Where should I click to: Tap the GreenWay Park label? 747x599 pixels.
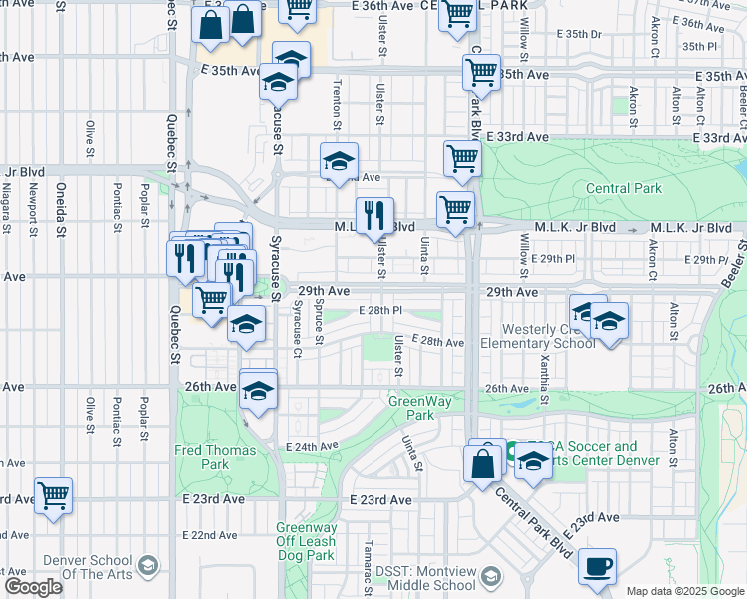[410, 408]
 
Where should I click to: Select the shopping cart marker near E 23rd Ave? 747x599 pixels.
[53, 494]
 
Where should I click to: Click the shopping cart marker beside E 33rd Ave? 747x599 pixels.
[462, 158]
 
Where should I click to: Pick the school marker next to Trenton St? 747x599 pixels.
[340, 160]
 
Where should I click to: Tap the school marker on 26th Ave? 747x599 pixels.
[258, 389]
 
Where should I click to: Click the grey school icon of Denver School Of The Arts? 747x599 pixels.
[148, 567]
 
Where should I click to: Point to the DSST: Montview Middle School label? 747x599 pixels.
[425, 578]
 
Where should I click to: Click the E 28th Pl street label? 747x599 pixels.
[379, 311]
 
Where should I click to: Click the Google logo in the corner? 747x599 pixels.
[33, 587]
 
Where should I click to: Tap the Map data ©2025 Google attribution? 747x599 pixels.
[685, 591]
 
